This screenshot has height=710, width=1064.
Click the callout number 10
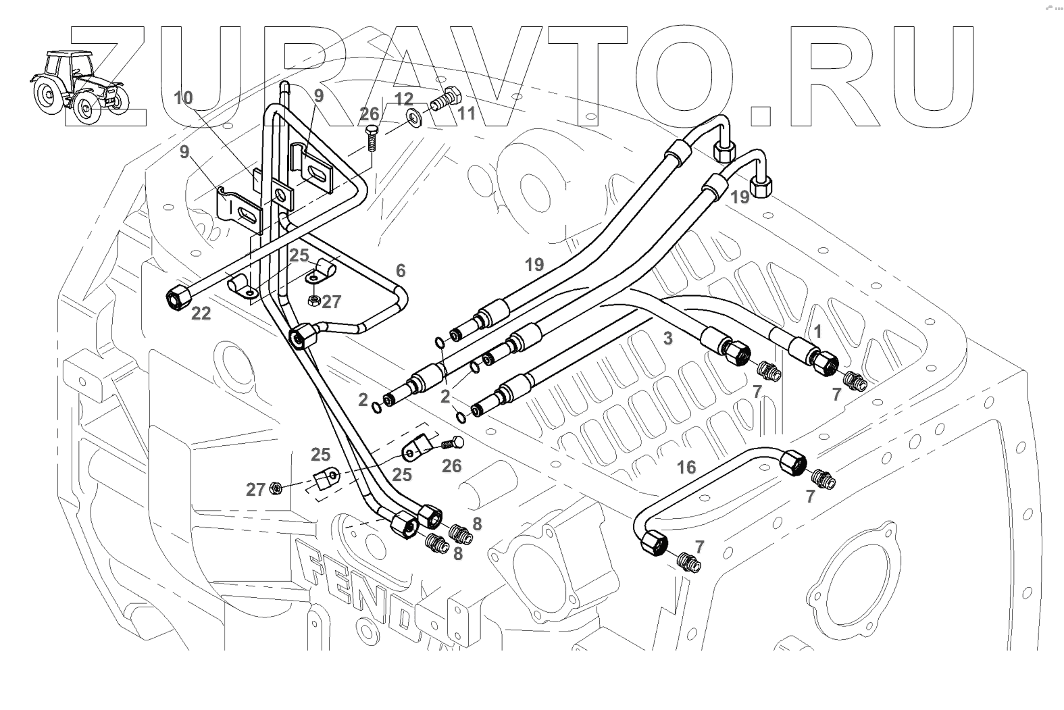182,99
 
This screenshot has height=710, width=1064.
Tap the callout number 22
201,313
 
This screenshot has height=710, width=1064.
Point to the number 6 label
401,272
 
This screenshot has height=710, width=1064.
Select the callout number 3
667,338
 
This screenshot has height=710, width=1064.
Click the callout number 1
817,332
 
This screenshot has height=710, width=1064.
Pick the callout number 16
686,467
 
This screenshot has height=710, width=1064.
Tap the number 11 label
466,113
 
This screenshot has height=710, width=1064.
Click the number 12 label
403,99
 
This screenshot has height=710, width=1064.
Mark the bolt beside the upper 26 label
371,138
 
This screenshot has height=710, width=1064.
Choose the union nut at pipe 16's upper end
791,465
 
